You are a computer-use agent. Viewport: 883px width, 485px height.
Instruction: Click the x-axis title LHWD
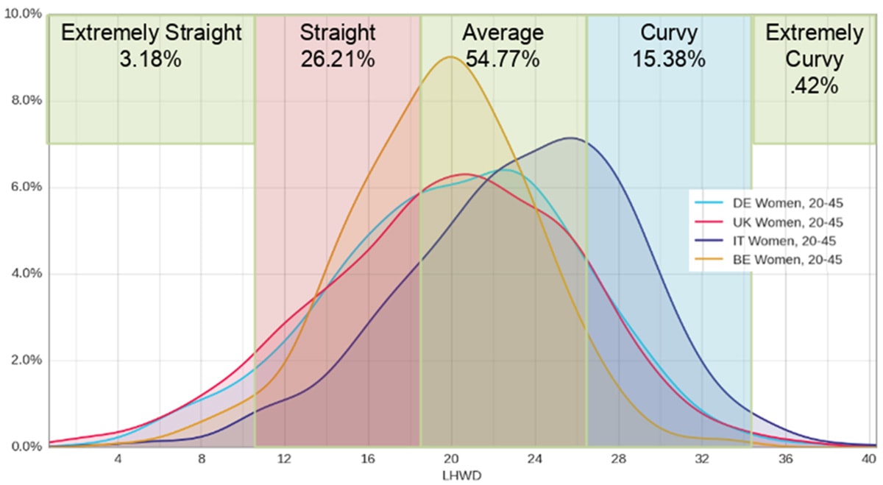[452, 475]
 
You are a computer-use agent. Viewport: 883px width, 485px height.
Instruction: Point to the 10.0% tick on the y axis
[24, 13]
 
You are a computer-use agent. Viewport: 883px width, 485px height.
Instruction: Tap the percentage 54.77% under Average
[503, 59]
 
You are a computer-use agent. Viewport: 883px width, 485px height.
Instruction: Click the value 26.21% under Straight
[338, 59]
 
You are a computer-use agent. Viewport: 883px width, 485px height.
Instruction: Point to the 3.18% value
[150, 59]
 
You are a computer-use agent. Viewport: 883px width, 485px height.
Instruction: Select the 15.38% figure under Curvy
[669, 59]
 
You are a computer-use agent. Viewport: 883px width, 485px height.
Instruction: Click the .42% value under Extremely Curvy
[814, 85]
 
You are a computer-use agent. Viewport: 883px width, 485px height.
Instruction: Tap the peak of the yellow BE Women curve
[450, 57]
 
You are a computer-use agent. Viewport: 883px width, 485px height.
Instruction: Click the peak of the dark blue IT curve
[570, 138]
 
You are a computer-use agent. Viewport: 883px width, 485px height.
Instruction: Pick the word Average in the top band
[503, 32]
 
